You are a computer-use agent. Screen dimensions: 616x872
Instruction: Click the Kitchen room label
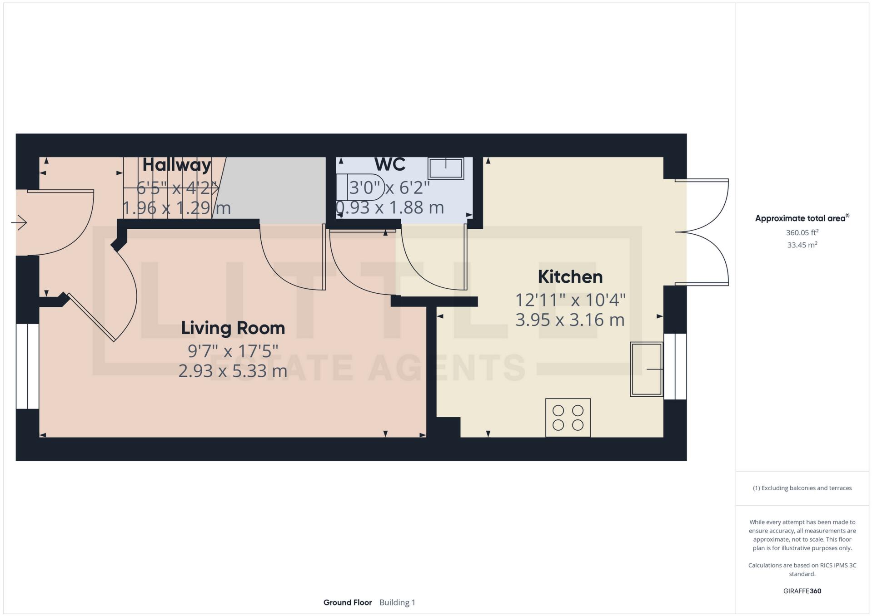[570, 277]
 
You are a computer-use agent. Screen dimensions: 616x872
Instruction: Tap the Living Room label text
[233, 328]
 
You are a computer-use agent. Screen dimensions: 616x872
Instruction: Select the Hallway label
[177, 164]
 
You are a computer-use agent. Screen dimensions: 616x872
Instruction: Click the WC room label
[390, 164]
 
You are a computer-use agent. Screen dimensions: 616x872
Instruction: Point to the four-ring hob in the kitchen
[568, 418]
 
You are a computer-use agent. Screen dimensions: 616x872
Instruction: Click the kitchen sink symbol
[646, 369]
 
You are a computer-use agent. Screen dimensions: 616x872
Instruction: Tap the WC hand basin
[445, 168]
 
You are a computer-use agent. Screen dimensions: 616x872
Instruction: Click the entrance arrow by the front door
[19, 223]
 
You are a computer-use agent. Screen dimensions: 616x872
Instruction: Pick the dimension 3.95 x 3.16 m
[570, 320]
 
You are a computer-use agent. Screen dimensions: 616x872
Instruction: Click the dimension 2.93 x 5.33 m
[233, 371]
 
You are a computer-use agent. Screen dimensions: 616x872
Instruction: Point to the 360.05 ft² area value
[802, 232]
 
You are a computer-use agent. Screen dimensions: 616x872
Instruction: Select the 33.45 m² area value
[802, 245]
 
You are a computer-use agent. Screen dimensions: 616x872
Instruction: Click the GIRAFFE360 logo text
[802, 591]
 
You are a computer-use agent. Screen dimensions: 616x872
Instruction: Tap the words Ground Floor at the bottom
[347, 602]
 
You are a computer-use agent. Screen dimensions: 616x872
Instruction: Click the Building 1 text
[397, 602]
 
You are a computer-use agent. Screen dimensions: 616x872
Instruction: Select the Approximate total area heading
[802, 218]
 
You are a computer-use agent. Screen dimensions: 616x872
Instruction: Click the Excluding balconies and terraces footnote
[802, 488]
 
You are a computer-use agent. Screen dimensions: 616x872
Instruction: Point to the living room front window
[27, 366]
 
